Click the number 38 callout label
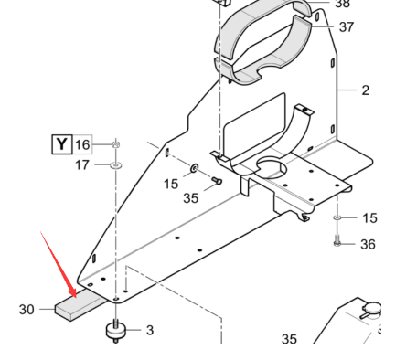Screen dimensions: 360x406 [342, 4]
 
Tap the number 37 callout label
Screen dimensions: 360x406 [346, 26]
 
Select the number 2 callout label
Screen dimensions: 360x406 [365, 90]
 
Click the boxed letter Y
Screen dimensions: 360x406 [60, 143]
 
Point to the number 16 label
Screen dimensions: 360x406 [83, 144]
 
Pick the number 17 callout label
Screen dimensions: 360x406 [83, 165]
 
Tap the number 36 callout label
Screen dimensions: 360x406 [368, 244]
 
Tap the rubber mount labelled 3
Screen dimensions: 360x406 [117, 330]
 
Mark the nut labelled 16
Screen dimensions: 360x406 [116, 145]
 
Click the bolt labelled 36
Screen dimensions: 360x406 [338, 243]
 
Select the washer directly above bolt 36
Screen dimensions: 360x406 [338, 219]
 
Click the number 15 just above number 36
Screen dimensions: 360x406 [369, 217]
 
